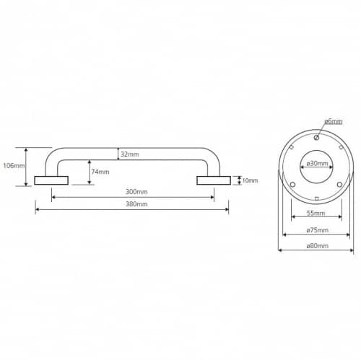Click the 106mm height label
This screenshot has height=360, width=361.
14,166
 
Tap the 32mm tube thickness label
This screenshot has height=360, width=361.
130,154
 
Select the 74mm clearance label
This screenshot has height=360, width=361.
100,172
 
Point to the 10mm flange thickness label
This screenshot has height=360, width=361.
250,180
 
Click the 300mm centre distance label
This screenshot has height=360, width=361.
136,192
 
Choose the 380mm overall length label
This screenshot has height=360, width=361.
136,204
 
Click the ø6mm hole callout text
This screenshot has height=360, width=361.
334,121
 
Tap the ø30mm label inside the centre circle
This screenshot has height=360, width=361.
317,164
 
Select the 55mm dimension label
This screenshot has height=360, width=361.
316,213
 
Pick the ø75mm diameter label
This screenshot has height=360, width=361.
317,230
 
